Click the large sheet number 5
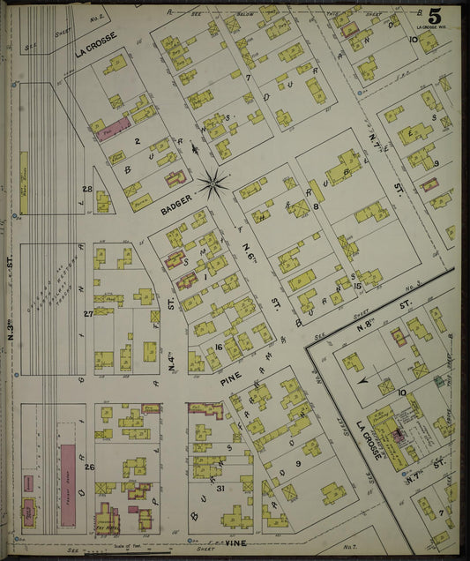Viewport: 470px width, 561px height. pos(435,17)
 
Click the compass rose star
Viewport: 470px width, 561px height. pos(213,183)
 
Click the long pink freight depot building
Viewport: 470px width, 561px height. pos(67,483)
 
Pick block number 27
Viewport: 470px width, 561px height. pos(87,314)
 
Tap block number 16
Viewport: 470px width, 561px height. pos(217,348)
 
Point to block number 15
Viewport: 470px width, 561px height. pos(357,285)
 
